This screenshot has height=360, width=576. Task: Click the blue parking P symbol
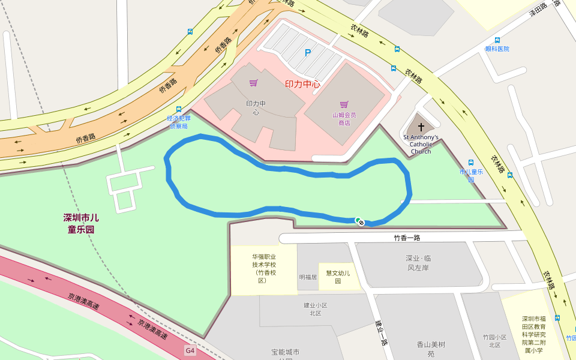click(x=308, y=53)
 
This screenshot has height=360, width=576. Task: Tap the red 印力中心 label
click(x=302, y=84)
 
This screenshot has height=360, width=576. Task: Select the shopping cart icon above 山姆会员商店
click(x=344, y=104)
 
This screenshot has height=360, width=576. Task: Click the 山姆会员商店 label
click(x=344, y=119)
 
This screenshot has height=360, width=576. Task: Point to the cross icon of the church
click(x=421, y=127)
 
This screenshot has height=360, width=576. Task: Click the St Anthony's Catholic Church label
click(x=421, y=144)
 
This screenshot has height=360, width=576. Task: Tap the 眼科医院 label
click(x=497, y=49)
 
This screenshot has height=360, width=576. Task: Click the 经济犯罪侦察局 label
click(x=179, y=122)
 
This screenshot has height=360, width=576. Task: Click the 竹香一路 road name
click(x=407, y=238)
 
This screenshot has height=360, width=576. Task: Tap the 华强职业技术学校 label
click(x=263, y=268)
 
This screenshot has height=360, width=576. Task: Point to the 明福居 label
click(x=308, y=277)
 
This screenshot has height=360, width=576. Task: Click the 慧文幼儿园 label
click(x=338, y=277)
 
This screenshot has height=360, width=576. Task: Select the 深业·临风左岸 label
click(x=419, y=263)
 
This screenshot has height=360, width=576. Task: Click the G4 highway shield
click(x=190, y=350)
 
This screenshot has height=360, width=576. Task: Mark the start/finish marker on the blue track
click(x=359, y=221)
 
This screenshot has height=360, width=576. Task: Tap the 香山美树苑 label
click(x=431, y=349)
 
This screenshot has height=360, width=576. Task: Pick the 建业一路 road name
click(x=379, y=332)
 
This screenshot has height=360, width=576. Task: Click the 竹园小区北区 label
click(x=495, y=341)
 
